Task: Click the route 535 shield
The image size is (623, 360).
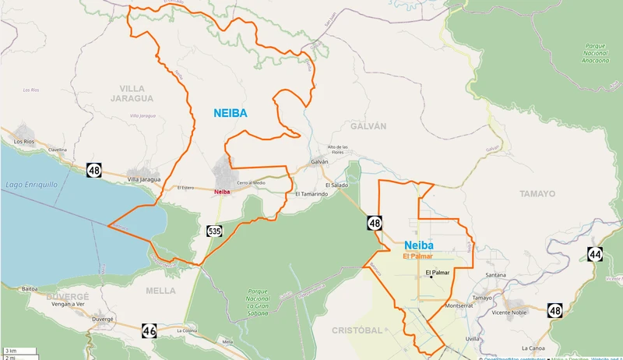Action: pyautogui.click(x=214, y=231)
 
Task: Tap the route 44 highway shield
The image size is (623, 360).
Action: pyautogui.click(x=595, y=254)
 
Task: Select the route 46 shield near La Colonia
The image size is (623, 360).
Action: pyautogui.click(x=150, y=331)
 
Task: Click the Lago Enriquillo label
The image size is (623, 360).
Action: pyautogui.click(x=30, y=185)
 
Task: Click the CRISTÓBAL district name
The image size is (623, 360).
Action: pyautogui.click(x=357, y=330)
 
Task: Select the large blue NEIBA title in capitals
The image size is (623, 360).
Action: pyautogui.click(x=231, y=113)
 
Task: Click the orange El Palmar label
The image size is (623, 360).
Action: pyautogui.click(x=417, y=256)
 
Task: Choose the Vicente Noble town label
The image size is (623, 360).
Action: pyautogui.click(x=510, y=312)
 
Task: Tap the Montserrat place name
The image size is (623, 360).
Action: pyautogui.click(x=459, y=305)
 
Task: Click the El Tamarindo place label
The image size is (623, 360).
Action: pyautogui.click(x=311, y=193)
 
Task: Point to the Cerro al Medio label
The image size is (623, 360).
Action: pyautogui.click(x=252, y=182)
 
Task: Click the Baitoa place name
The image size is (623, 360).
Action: pyautogui.click(x=30, y=288)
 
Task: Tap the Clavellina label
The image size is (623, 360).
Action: pyautogui.click(x=58, y=149)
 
